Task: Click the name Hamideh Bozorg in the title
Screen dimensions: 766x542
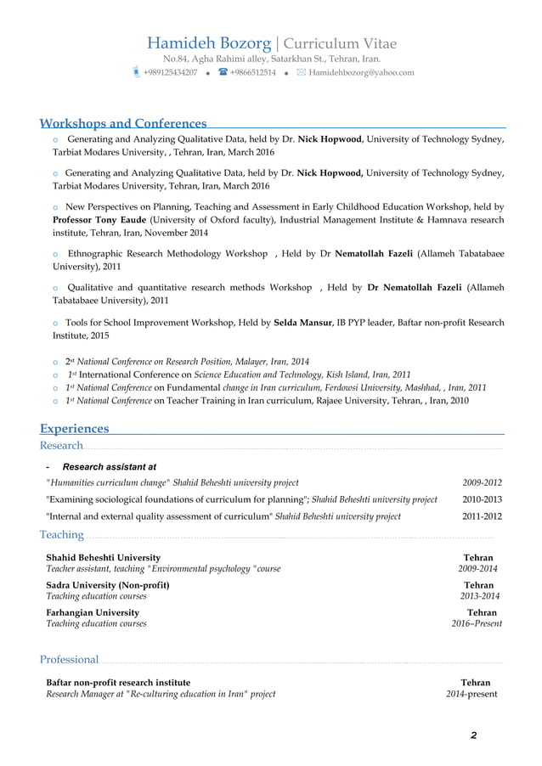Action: [209, 43]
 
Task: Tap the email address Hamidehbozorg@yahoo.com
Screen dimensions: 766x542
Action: [361, 73]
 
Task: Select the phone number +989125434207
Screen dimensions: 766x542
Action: [170, 73]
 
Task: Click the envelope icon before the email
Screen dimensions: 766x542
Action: [301, 73]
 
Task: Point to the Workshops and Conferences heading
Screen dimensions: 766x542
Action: [123, 124]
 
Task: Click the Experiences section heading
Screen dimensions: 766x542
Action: [75, 429]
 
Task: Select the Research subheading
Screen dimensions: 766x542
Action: [61, 446]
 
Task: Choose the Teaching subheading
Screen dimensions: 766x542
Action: [62, 534]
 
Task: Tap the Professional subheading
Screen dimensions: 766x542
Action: [70, 660]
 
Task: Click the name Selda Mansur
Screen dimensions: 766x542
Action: [302, 323]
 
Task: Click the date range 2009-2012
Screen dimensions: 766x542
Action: [482, 482]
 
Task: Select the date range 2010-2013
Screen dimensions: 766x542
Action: [482, 499]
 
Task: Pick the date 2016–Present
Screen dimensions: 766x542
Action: [477, 623]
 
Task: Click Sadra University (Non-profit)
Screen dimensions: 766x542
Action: [107, 585]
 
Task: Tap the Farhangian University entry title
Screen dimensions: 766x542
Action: [93, 612]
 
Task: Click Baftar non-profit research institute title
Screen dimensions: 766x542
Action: [118, 682]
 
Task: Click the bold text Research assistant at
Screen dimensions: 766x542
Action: [110, 466]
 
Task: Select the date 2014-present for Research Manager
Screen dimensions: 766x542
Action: [471, 694]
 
